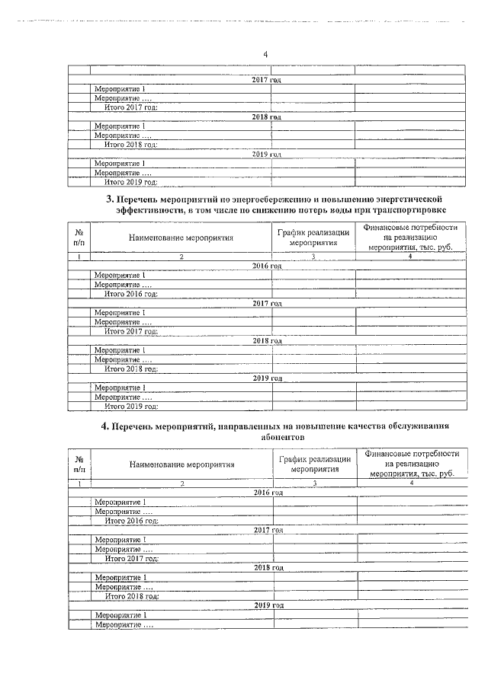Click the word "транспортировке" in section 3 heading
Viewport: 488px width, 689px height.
(406, 209)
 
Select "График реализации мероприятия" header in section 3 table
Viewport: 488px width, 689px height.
(314, 238)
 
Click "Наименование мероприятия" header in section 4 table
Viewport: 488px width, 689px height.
(181, 464)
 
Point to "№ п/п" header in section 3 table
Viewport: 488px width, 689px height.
(79, 238)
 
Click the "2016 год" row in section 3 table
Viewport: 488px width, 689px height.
(267, 266)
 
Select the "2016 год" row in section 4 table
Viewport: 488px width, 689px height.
(268, 493)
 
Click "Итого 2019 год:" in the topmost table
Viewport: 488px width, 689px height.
(131, 183)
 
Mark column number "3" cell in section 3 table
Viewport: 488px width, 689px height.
(313, 257)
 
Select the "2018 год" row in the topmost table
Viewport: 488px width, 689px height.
(267, 117)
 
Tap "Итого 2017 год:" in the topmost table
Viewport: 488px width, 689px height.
(131, 107)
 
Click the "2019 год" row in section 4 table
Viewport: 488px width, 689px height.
(269, 605)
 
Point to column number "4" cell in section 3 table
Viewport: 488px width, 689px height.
(410, 257)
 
